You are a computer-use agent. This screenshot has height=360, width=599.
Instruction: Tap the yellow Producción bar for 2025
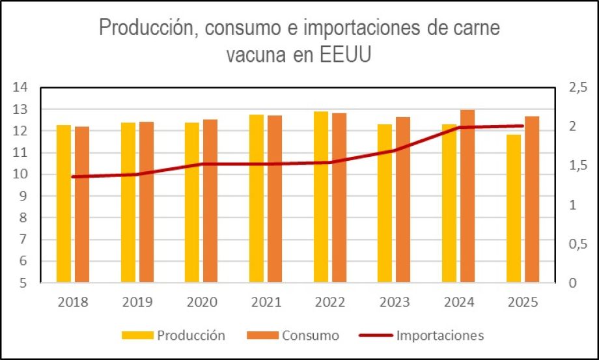click(x=514, y=208)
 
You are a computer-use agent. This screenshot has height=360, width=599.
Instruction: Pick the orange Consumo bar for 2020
click(x=210, y=201)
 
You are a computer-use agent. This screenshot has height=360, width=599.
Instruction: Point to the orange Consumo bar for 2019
click(x=146, y=202)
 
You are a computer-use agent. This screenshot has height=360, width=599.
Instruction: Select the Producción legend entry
click(x=174, y=336)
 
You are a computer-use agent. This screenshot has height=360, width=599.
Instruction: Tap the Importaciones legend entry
click(x=421, y=336)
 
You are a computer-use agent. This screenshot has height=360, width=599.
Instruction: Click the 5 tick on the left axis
click(x=23, y=283)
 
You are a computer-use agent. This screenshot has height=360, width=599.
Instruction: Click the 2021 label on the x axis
click(x=266, y=302)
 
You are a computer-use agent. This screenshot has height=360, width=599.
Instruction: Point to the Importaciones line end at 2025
click(x=523, y=126)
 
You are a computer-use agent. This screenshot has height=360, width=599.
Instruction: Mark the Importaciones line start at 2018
click(x=73, y=176)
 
